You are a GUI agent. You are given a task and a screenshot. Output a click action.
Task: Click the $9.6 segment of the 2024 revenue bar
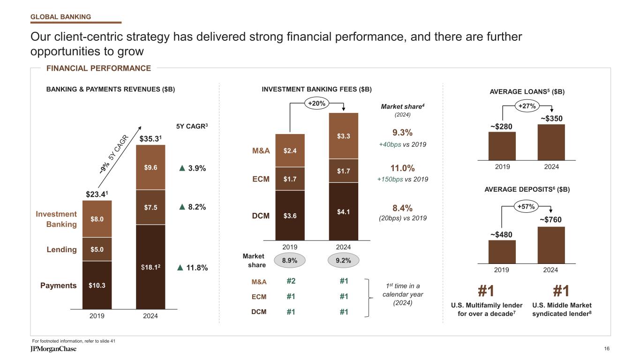tap(151, 167)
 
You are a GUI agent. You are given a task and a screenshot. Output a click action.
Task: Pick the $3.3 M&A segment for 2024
tap(343, 136)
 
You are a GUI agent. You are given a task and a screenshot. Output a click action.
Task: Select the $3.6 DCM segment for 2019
tap(290, 216)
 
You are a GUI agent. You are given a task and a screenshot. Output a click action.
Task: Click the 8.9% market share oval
tap(290, 260)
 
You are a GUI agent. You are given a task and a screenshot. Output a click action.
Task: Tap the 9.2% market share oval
tap(344, 260)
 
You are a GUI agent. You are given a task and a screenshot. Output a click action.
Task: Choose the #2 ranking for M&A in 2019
tap(290, 281)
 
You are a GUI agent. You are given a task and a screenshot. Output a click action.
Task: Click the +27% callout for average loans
tap(527, 106)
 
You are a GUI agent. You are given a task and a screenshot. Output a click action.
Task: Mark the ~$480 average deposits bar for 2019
tap(502, 252)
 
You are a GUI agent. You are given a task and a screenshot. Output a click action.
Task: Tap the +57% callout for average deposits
tap(527, 206)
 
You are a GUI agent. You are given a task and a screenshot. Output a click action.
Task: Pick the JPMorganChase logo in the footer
tap(50, 350)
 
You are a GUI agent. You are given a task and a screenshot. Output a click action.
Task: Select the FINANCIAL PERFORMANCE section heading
tap(98, 68)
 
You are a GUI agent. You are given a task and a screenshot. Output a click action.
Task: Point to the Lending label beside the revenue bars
tap(61, 249)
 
